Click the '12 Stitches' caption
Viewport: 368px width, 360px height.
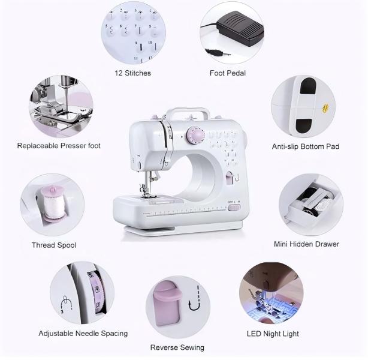click(x=133, y=73)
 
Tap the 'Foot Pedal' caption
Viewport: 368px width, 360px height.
click(x=228, y=73)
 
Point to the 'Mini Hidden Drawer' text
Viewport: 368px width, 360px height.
click(x=306, y=244)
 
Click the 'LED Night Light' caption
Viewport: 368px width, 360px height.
click(x=273, y=334)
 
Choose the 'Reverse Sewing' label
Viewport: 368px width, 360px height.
click(x=177, y=347)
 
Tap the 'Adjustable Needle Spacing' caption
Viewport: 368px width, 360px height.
click(x=83, y=334)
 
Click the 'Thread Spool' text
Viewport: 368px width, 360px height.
click(x=54, y=245)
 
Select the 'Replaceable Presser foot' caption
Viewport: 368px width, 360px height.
click(x=59, y=146)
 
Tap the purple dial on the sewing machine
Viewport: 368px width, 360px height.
click(x=195, y=136)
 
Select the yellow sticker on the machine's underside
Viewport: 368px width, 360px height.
click(x=325, y=108)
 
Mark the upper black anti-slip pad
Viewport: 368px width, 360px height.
click(x=309, y=88)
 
